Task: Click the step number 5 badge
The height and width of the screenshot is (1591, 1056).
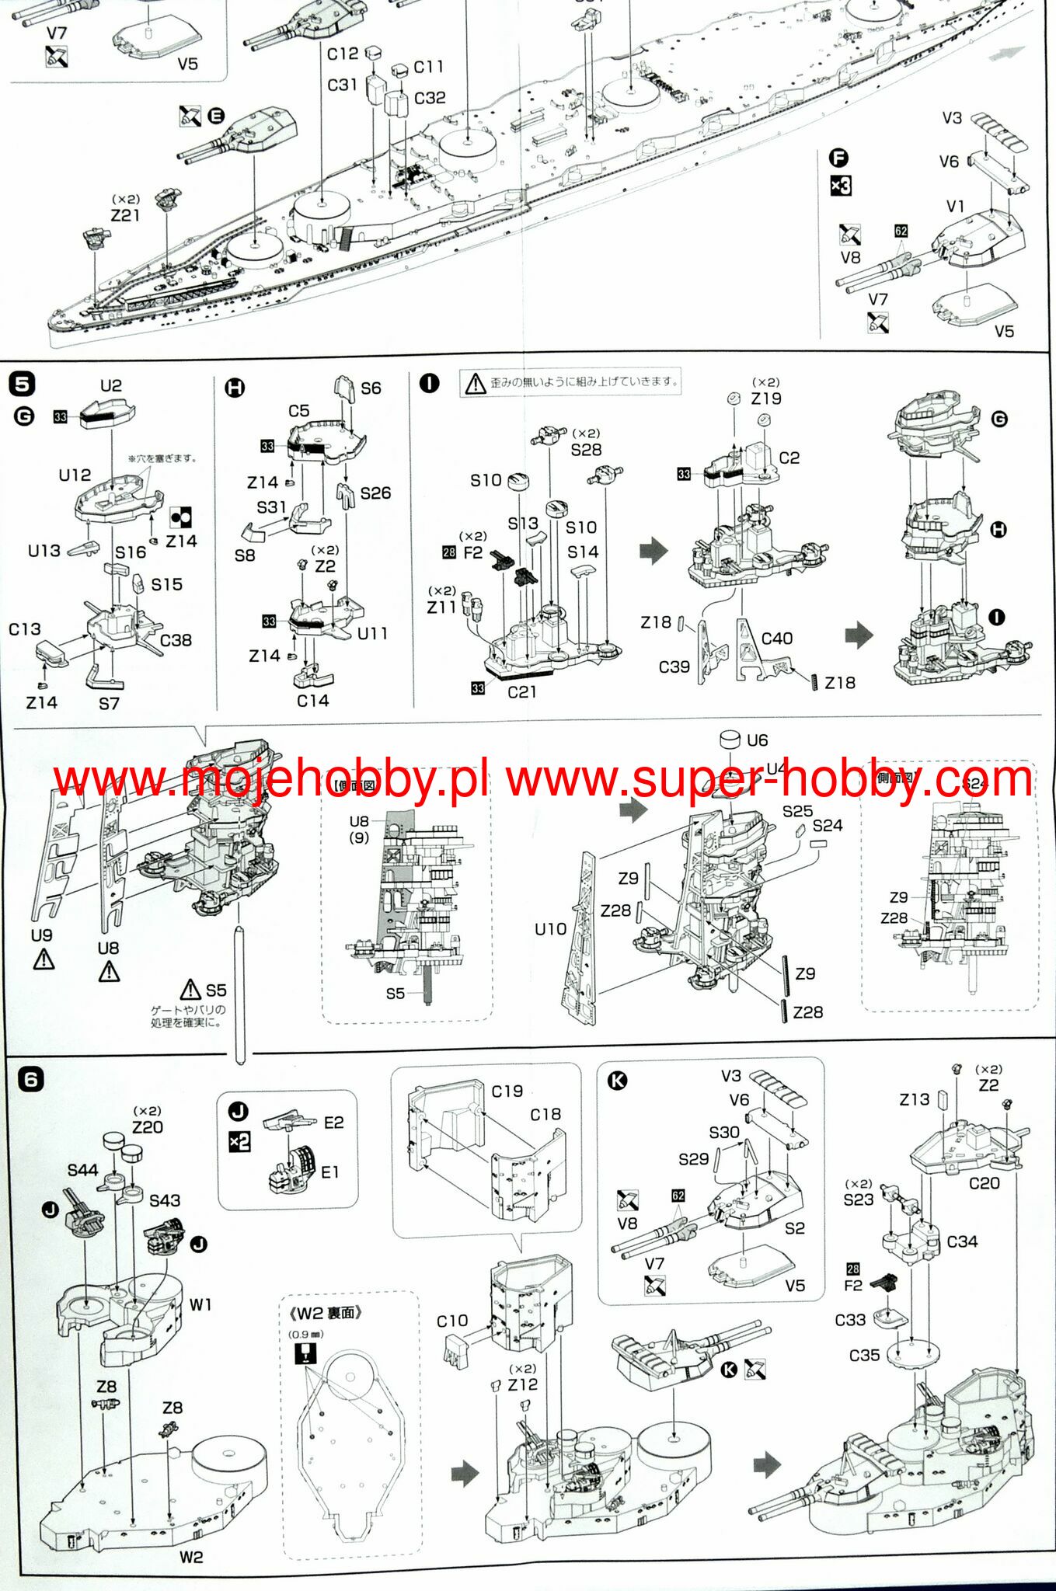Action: [23, 384]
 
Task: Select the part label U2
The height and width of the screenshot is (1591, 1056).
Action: [111, 386]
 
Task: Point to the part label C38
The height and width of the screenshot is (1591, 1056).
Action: [176, 640]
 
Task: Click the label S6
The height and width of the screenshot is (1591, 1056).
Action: [371, 388]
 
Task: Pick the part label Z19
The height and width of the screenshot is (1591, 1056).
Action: [765, 399]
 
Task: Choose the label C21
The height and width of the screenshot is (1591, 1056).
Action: [521, 691]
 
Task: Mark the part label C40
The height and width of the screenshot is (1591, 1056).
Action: [776, 639]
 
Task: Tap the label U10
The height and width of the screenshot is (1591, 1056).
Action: [550, 928]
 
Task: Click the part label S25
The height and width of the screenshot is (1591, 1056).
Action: [797, 811]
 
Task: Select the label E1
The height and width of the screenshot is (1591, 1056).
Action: [330, 1172]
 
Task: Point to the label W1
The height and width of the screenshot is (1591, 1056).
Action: [200, 1304]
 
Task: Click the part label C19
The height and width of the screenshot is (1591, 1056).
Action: [507, 1091]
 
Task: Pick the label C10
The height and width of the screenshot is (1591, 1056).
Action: [452, 1321]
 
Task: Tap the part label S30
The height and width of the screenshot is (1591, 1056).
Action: [723, 1133]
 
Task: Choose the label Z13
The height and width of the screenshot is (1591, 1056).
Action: [914, 1099]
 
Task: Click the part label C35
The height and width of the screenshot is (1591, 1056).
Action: [864, 1356]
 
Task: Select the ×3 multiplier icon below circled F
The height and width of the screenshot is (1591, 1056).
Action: [841, 186]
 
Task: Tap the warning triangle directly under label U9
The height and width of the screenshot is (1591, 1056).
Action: [44, 960]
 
